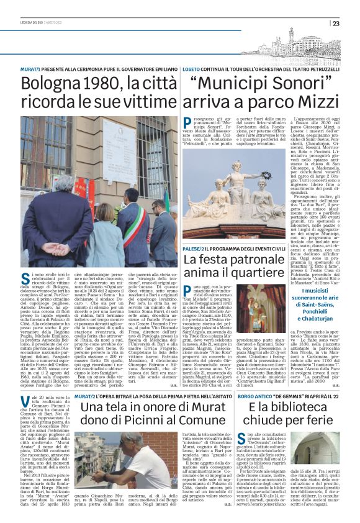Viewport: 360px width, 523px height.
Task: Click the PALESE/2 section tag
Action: (x=194, y=248)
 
